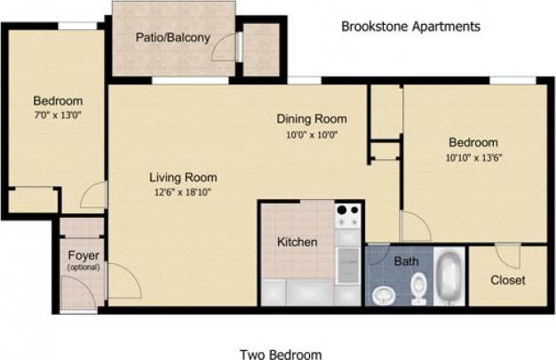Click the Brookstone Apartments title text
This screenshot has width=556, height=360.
pyautogui.click(x=410, y=27)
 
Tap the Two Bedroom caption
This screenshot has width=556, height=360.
pyautogui.click(x=280, y=355)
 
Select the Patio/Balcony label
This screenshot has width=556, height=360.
pyautogui.click(x=172, y=37)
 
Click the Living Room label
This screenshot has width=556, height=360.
pyautogui.click(x=183, y=177)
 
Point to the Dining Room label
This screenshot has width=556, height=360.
pyautogui.click(x=311, y=119)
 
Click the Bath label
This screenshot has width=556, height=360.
pyautogui.click(x=406, y=261)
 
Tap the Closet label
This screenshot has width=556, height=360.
pyautogui.click(x=507, y=280)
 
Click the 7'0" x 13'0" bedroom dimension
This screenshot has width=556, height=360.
pyautogui.click(x=58, y=116)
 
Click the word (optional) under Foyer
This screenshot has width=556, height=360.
pyautogui.click(x=83, y=268)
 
